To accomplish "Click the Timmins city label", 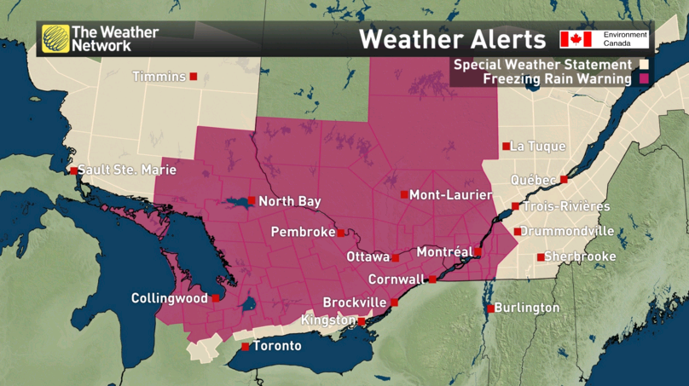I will pos(159,77).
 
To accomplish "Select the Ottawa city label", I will pos(368,256).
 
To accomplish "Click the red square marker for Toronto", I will pos(246,347).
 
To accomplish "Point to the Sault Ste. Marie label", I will pos(127,170).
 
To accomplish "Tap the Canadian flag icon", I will pos(576,39).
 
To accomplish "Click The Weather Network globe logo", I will pos(55,39).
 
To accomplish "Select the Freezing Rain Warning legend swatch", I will pos(645,79).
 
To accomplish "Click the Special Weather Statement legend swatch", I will pos(645,65).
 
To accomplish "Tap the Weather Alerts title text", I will pos(451,39).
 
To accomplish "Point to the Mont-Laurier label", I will pos(451,195).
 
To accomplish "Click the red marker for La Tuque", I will pos(506,147).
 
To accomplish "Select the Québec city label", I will pos(533,180).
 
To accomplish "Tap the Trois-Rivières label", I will pos(566,207).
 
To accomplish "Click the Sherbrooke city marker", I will pos(540,257).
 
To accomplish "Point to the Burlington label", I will pos(526,308).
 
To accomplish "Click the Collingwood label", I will pos(169,298).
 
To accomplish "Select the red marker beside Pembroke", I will pos(341,233).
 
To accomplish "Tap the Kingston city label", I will pos(328,320).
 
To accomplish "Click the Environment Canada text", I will pos(625,38).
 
